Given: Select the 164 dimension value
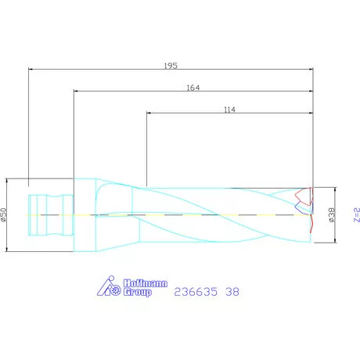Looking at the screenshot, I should tap(193, 88).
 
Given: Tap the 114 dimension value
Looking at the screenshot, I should tap(229, 110).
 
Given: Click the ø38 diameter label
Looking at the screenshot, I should tap(332, 214).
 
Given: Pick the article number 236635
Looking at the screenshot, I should tap(196, 291).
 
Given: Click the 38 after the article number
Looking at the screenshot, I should tap(232, 291).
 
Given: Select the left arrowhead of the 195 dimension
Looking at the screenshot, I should tap(31, 69).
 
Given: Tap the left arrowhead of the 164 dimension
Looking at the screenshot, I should tap(76, 91).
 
